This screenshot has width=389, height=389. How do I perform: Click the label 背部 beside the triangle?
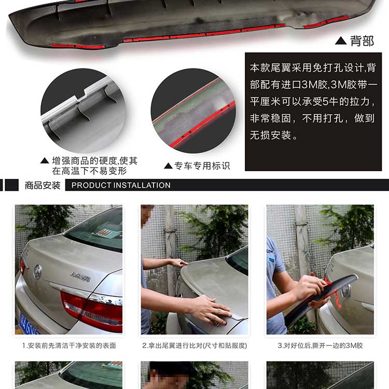pyautogui.click(x=362, y=41)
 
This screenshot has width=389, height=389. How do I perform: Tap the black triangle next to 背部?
pyautogui.click(x=341, y=40)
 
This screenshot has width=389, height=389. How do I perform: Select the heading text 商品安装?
pyautogui.click(x=43, y=185)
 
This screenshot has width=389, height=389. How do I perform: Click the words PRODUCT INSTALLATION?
pyautogui.click(x=121, y=185)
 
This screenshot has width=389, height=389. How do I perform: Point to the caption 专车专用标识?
pyautogui.click(x=202, y=166)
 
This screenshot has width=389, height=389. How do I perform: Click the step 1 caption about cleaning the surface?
pyautogui.click(x=69, y=345)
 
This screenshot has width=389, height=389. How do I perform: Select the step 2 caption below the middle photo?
pyautogui.click(x=195, y=345)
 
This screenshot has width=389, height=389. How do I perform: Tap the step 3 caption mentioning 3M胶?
pyautogui.click(x=321, y=345)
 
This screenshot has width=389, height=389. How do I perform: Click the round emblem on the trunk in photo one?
pyautogui.click(x=38, y=271)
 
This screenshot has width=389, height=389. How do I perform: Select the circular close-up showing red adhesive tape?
pyautogui.click(x=193, y=110)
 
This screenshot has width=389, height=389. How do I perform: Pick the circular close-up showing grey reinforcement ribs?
pyautogui.click(x=83, y=110)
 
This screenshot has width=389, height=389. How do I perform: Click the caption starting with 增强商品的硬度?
pyautogui.click(x=94, y=166)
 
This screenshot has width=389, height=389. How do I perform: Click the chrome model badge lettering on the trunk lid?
pyautogui.click(x=80, y=276)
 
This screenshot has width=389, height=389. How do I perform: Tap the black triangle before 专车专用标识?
pyautogui.click(x=169, y=166)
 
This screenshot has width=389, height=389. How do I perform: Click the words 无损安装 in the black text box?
pyautogui.click(x=270, y=135)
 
